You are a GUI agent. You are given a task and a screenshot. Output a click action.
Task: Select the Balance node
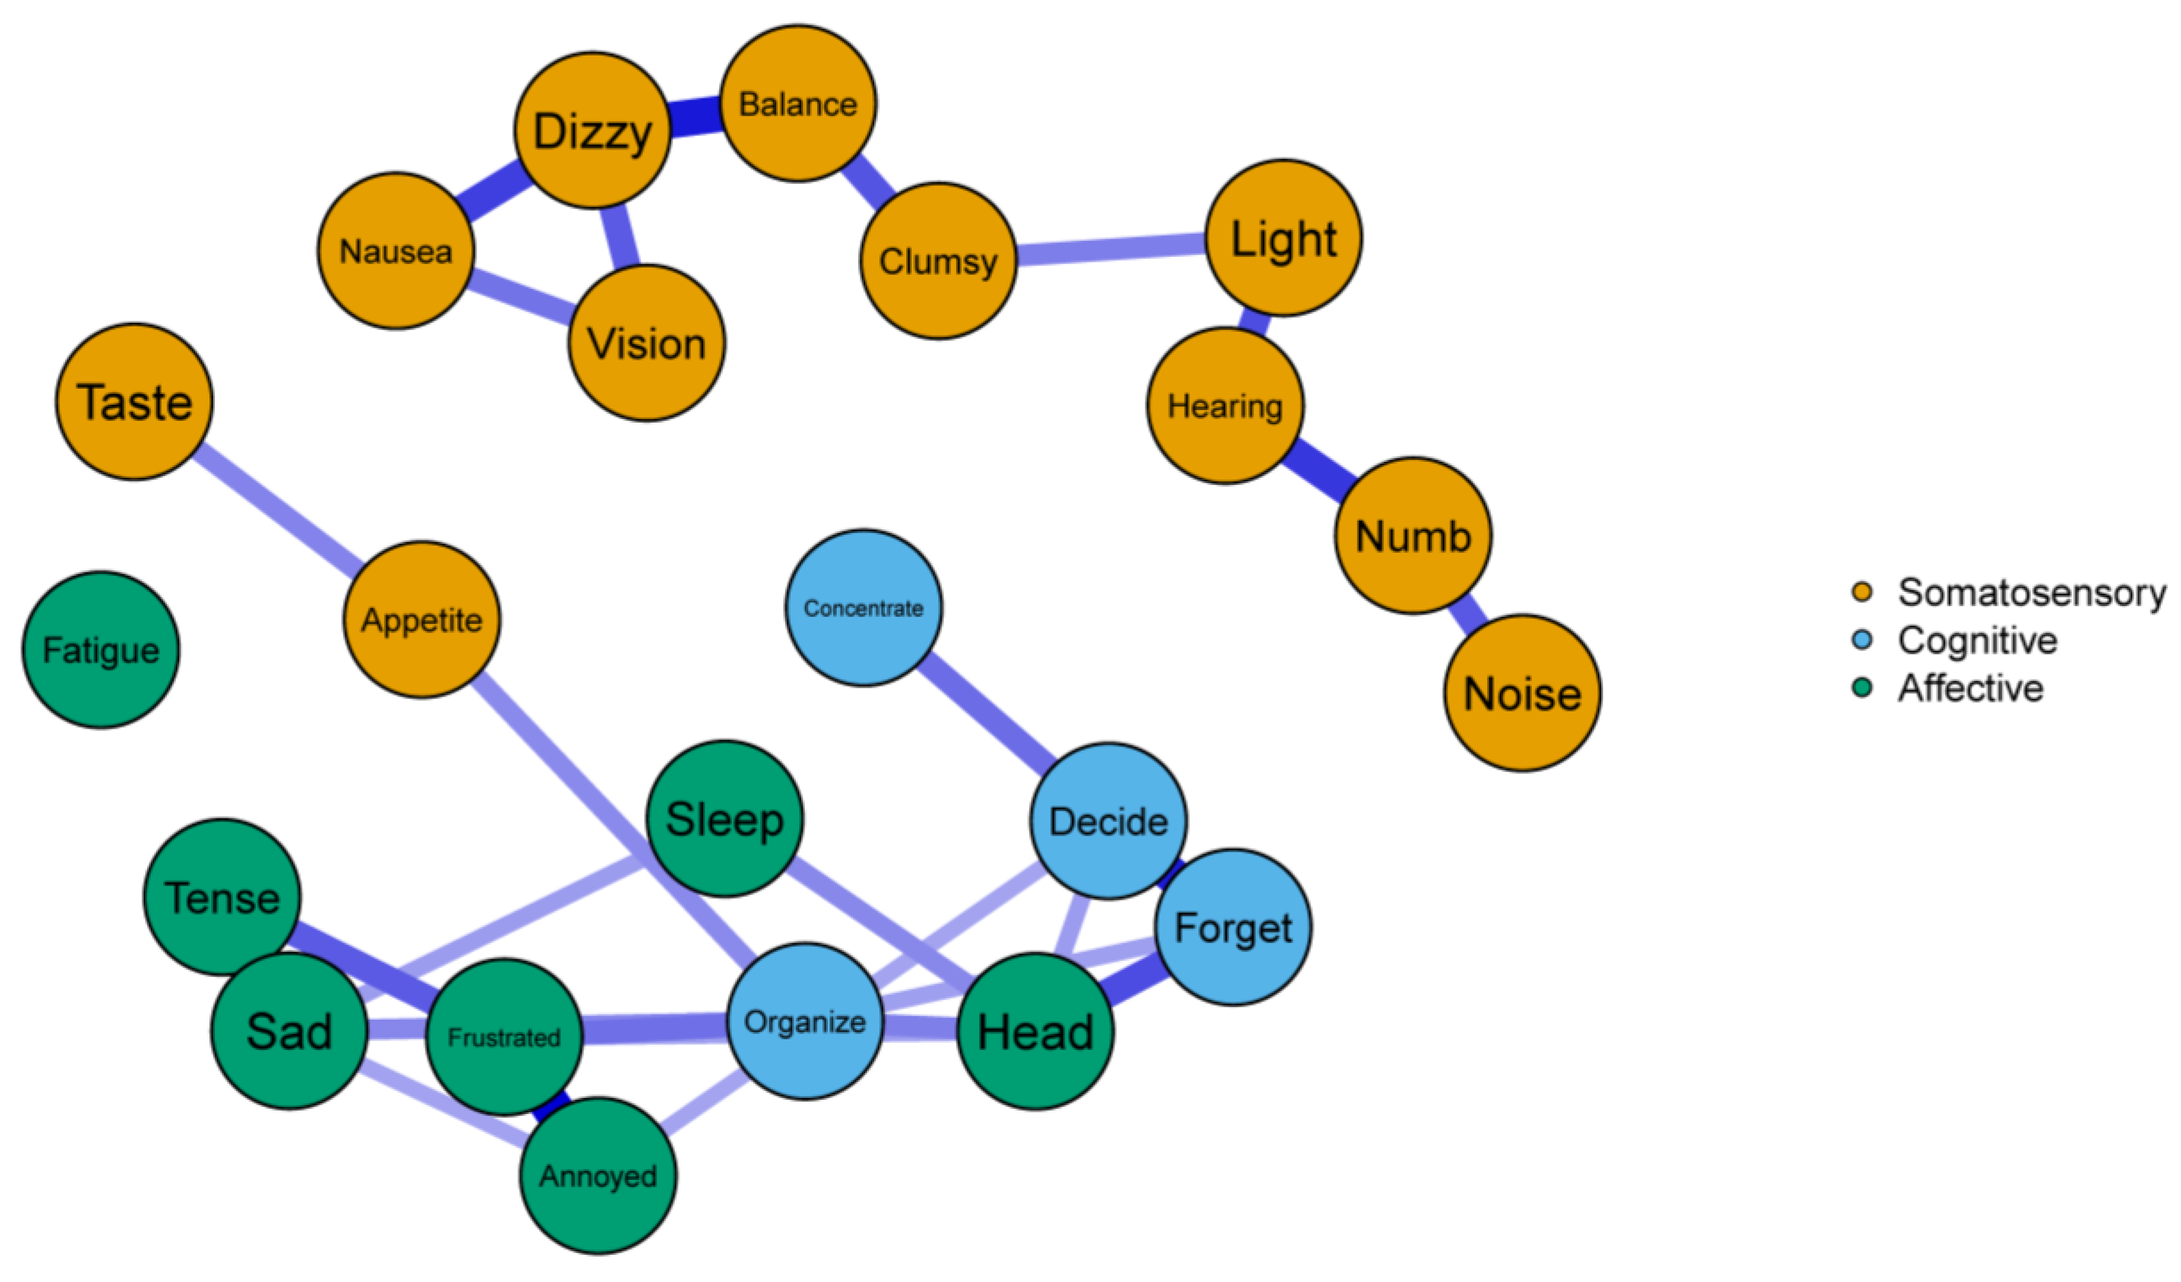tap(798, 104)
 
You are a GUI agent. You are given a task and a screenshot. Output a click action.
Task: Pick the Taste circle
tap(134, 402)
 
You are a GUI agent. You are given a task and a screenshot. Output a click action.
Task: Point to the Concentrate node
tap(863, 608)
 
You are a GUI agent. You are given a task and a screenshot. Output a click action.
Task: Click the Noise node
tap(1522, 693)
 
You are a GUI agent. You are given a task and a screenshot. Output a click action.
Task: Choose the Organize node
tap(805, 1021)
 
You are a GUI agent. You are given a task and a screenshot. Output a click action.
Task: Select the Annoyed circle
tap(598, 1176)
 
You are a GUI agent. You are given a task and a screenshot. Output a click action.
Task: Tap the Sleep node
tap(725, 819)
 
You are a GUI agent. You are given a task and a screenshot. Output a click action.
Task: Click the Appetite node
tap(421, 620)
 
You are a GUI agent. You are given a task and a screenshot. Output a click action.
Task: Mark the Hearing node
tap(1225, 405)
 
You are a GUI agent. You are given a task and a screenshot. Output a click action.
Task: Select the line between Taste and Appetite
tap(277, 510)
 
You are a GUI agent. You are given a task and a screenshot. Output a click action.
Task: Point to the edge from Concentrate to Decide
tap(986, 713)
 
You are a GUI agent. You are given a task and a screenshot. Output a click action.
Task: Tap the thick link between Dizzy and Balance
tap(695, 118)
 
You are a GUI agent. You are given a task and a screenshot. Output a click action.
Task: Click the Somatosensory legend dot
tap(1862, 592)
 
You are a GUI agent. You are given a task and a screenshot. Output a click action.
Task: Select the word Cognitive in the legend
tap(1977, 640)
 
